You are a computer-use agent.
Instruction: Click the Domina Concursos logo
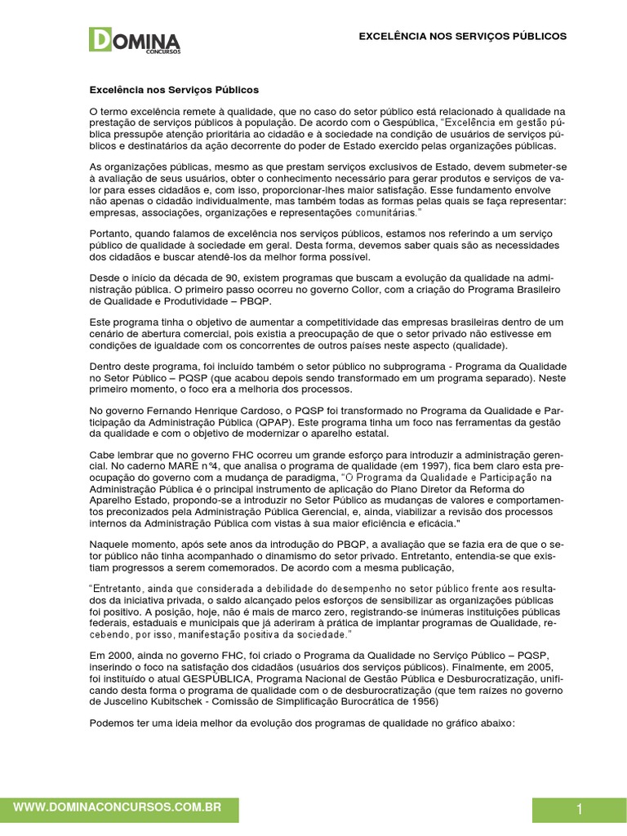click(x=135, y=40)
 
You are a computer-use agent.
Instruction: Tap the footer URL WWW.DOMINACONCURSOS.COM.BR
click(x=118, y=807)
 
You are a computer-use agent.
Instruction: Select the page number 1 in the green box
click(x=579, y=810)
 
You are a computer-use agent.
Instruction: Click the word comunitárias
click(x=385, y=212)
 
